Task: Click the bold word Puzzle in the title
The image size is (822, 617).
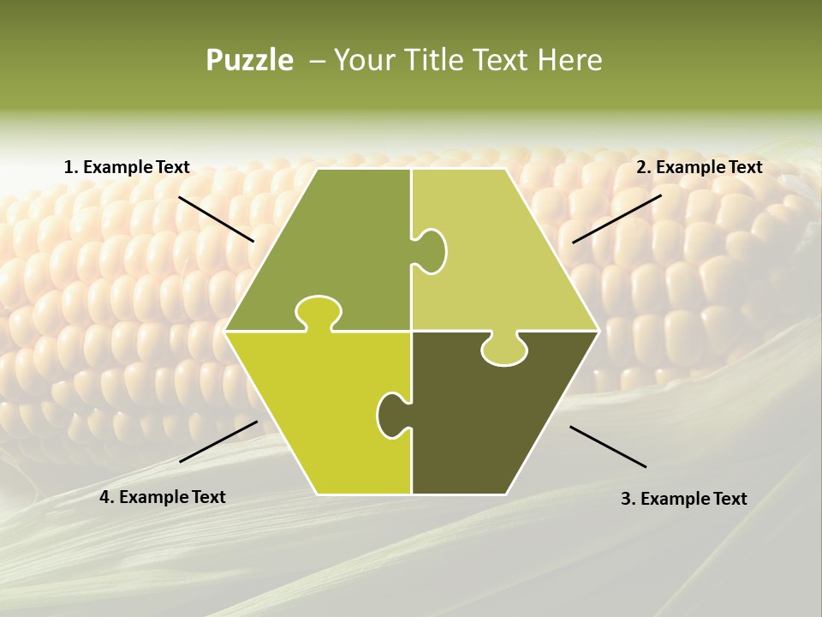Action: tap(249, 61)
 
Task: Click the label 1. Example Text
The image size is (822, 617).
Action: tap(127, 168)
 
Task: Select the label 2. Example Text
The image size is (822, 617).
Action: tap(699, 168)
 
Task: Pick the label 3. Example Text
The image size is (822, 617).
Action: tap(683, 499)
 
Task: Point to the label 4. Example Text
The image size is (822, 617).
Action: tap(163, 497)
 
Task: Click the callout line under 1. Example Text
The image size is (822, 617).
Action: tap(216, 219)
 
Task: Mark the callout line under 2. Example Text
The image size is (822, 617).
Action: tap(616, 219)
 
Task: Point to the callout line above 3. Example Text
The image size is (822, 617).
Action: tap(608, 446)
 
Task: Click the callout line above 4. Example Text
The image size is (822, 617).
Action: tap(218, 441)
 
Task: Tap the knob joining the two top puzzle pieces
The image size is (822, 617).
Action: tap(432, 250)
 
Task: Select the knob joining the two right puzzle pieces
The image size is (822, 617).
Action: tap(503, 350)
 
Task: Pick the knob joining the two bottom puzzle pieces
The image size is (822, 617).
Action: tap(391, 414)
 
